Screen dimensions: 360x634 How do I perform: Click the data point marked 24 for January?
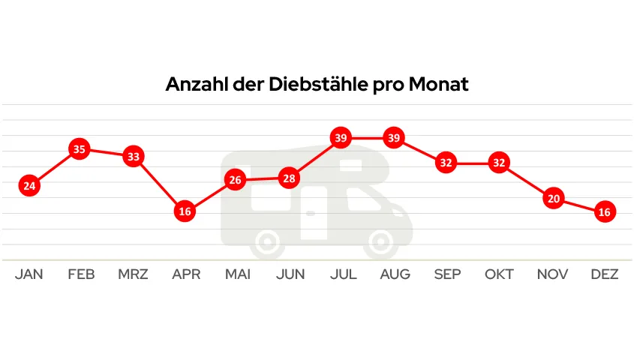(x=29, y=186)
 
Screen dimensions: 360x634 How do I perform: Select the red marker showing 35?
(x=80, y=149)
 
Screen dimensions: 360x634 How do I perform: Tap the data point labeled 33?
(x=133, y=157)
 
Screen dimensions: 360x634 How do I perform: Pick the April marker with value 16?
(x=185, y=211)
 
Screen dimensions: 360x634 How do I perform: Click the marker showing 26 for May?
(x=236, y=180)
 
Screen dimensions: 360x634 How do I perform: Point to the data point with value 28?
(x=289, y=178)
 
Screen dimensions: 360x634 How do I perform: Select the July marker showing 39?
(x=341, y=138)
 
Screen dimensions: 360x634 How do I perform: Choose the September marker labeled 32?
(x=446, y=163)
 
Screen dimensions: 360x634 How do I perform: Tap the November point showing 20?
(x=553, y=199)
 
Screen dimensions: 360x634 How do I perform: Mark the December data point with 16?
(x=605, y=212)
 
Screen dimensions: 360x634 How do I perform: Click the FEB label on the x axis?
(x=81, y=274)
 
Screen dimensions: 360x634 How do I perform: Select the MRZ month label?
(x=133, y=274)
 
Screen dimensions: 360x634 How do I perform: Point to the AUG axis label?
(x=395, y=274)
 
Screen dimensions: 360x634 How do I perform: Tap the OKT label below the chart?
(x=499, y=274)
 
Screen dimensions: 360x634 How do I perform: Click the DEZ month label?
(x=605, y=274)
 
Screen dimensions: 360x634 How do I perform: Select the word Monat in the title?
(x=439, y=84)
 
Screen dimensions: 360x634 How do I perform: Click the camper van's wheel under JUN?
(x=269, y=243)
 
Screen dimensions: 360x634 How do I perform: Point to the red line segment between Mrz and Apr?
(x=159, y=184)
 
